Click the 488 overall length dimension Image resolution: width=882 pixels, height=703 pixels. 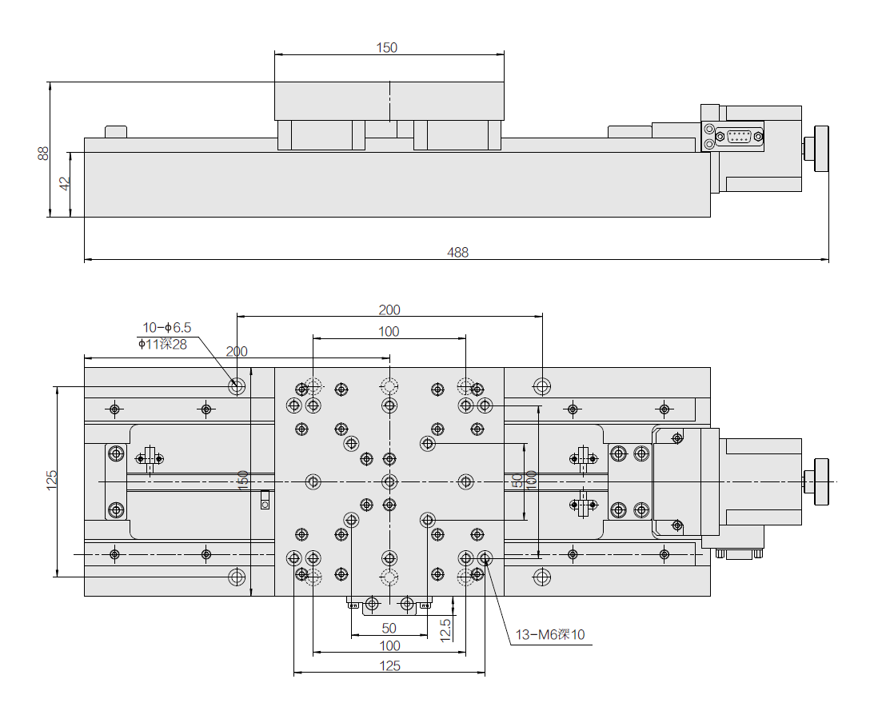pos(457,252)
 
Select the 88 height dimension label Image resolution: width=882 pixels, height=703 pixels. pos(43,152)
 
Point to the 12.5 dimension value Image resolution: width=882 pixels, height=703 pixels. pos(445,629)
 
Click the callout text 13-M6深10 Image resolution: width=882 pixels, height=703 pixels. pos(549,635)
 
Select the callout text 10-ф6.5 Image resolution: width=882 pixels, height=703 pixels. pos(167,327)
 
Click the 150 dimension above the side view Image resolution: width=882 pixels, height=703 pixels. pos(387,47)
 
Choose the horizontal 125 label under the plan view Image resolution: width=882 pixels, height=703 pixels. pos(389,665)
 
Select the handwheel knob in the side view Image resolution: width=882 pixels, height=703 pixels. pos(820,149)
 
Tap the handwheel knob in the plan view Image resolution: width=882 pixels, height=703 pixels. pos(820,481)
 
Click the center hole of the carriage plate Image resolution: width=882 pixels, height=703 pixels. pos(389,481)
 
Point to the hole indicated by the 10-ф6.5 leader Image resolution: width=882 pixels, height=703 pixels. pos(237,387)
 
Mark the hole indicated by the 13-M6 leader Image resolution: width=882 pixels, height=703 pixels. pos(485,557)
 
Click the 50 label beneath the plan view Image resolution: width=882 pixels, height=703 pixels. pos(389,628)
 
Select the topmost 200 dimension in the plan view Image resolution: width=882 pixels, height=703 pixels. pos(389,310)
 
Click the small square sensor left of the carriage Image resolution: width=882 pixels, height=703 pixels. pos(265,503)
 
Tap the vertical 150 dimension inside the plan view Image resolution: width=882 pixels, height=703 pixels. pos(243,481)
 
